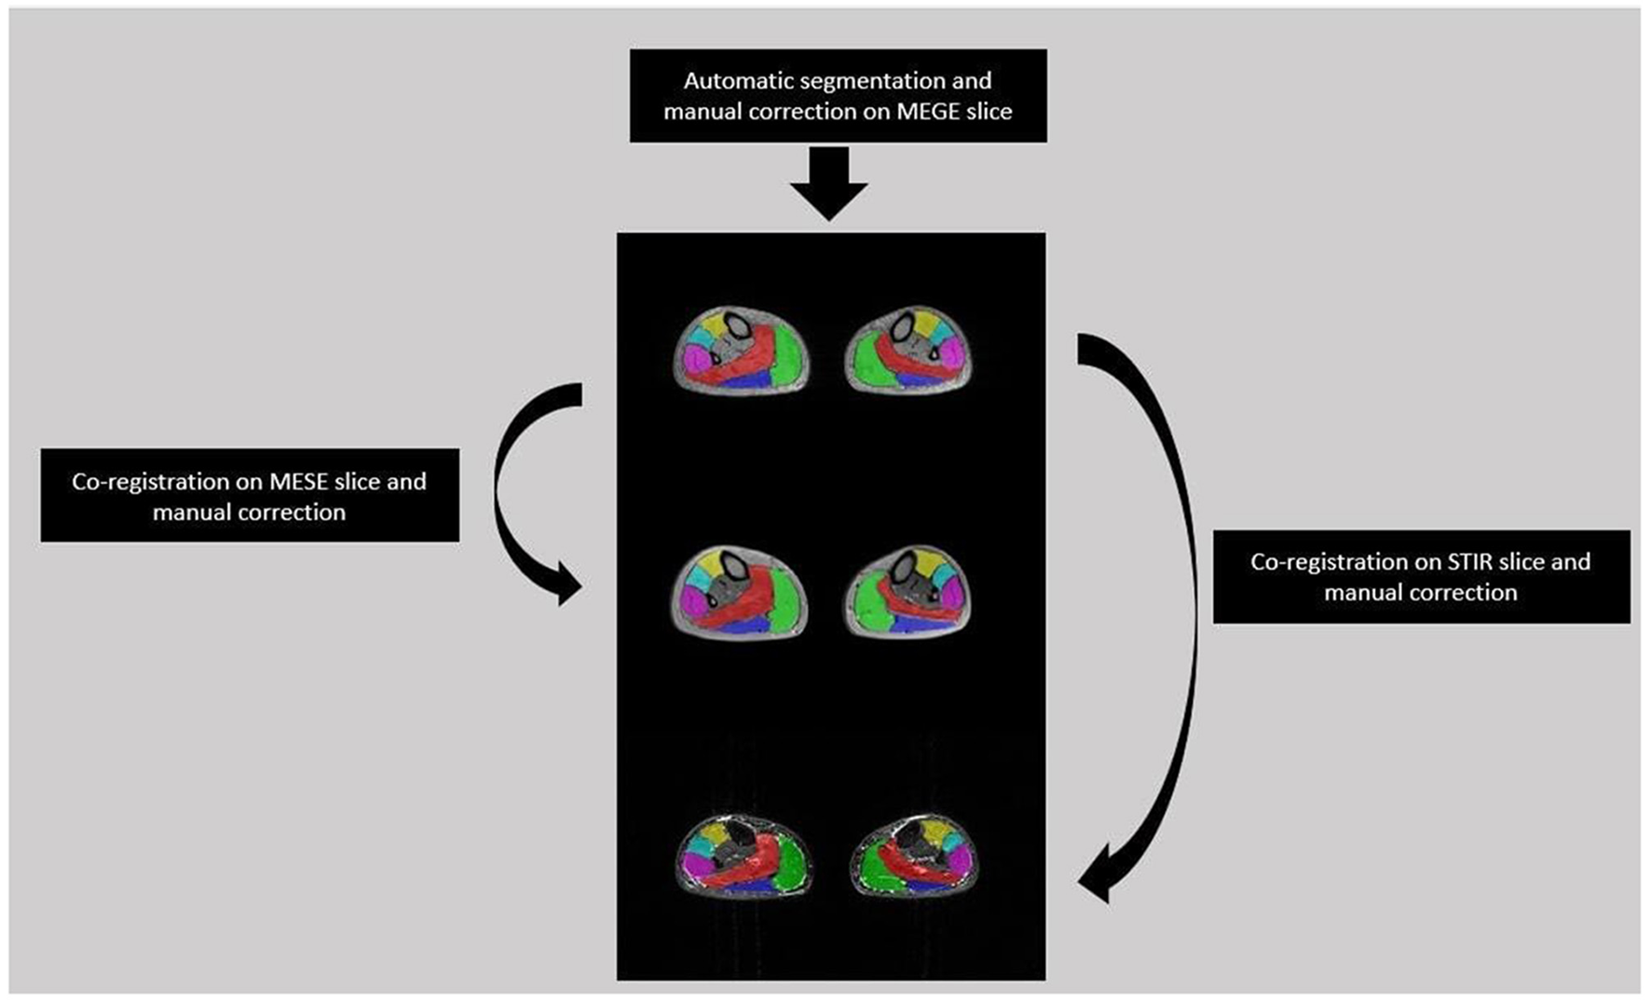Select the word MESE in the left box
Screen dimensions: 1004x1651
click(299, 482)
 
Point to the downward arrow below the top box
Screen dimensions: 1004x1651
click(828, 186)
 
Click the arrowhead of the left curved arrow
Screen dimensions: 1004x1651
click(566, 585)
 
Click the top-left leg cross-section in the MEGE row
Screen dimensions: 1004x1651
click(742, 350)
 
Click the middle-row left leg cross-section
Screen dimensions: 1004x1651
click(740, 592)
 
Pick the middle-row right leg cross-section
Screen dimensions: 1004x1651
click(907, 591)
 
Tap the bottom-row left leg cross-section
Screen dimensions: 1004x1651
click(743, 856)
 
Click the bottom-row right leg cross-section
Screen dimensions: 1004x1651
click(914, 857)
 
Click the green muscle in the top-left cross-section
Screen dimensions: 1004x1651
click(788, 355)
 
